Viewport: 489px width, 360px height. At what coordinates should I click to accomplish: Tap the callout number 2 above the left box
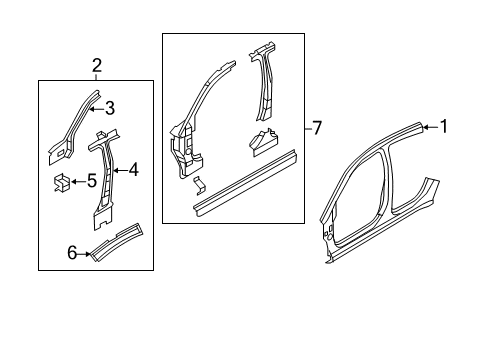point(96,66)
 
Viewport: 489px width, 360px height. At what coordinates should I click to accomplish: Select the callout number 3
point(111,109)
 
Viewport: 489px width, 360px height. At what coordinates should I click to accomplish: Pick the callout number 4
point(133,170)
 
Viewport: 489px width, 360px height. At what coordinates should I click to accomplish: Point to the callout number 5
point(91,181)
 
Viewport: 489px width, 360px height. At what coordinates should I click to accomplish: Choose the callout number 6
point(71,254)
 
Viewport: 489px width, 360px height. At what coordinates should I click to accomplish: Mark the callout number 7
point(317,127)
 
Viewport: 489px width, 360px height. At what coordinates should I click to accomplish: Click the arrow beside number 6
point(86,254)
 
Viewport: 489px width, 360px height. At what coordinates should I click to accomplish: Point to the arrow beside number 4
point(119,170)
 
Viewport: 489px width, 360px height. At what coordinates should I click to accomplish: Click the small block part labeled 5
point(60,182)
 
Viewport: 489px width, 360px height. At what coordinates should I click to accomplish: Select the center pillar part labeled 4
point(103,180)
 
